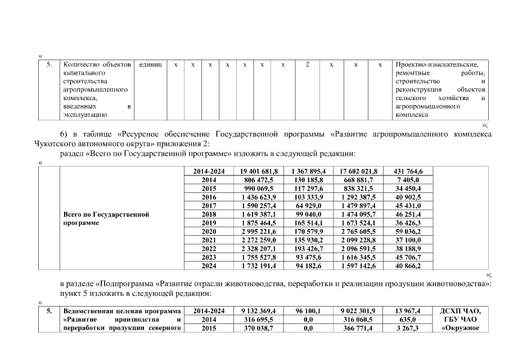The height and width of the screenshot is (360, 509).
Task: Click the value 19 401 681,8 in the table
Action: (259, 171)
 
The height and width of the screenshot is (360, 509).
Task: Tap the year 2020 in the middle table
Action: (209, 231)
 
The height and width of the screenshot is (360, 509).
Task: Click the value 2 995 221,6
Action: (259, 231)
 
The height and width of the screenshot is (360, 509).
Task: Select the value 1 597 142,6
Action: (358, 265)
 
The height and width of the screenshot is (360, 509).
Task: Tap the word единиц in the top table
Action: (150, 65)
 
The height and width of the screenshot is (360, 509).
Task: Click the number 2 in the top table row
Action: (307, 65)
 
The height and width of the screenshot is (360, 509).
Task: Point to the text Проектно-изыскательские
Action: (436, 65)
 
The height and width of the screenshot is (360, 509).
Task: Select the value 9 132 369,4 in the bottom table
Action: (259, 310)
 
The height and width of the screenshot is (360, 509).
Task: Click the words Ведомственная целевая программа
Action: (122, 310)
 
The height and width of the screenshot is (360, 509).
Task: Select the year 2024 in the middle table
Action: (209, 265)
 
